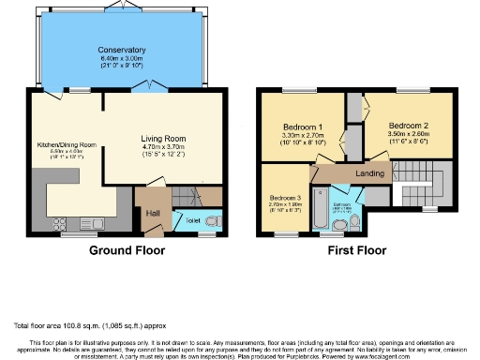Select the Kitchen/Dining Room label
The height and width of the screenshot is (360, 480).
(x=67, y=145)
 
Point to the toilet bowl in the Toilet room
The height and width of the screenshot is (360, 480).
(x=211, y=221)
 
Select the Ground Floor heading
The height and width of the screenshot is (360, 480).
(x=127, y=251)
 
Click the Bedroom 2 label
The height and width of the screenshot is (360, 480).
(x=408, y=125)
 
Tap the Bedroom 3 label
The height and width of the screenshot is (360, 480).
(x=284, y=199)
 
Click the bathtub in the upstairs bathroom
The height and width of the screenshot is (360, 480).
(x=318, y=212)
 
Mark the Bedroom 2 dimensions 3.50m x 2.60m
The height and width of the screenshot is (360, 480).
(x=408, y=133)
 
